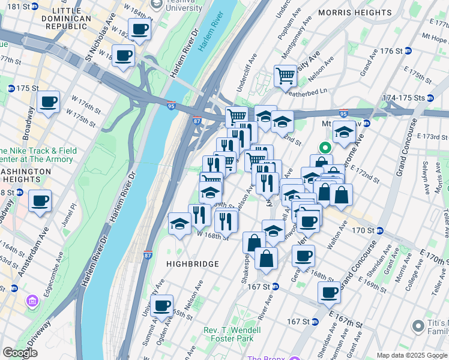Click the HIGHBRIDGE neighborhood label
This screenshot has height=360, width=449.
[193, 264]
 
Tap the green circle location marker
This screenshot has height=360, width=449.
[325, 146]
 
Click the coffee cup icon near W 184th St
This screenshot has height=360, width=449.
[139, 28]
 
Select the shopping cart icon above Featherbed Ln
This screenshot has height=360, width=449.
[285, 76]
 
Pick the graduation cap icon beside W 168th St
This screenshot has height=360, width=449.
[180, 224]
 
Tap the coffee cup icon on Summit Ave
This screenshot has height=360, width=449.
[161, 305]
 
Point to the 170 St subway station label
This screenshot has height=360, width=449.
[379, 230]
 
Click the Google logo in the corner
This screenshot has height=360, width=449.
[20, 353]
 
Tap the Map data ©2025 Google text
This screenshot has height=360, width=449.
[412, 355]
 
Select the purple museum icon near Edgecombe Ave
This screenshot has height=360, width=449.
[30, 299]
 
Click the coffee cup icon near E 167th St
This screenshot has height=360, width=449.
[329, 292]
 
